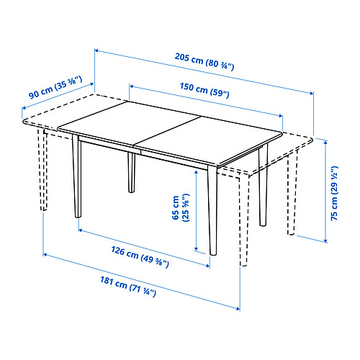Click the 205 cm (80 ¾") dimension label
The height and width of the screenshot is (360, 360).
click(204, 62)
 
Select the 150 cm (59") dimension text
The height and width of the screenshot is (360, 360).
click(204, 90)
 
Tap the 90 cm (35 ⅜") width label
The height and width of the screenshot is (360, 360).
click(55, 87)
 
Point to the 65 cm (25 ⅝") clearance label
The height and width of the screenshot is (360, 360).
click(181, 207)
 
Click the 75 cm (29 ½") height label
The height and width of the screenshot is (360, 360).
click(334, 193)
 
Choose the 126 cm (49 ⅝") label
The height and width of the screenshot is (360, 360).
click(140, 256)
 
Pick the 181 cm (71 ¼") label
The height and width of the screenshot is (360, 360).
click(128, 287)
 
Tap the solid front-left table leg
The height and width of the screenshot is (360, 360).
click(77, 176)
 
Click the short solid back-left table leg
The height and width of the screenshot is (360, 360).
click(131, 172)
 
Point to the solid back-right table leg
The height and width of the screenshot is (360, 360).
click(263, 185)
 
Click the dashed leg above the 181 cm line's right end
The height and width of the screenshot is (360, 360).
click(244, 221)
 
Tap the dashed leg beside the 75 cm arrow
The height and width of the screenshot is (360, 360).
click(292, 192)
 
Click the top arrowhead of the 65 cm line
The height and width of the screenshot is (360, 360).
click(197, 172)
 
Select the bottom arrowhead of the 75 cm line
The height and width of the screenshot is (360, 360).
click(325, 240)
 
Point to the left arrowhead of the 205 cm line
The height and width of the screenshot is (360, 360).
click(96, 50)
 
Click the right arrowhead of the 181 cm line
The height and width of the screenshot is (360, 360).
click(238, 309)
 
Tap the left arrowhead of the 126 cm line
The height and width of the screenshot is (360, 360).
click(81, 230)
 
